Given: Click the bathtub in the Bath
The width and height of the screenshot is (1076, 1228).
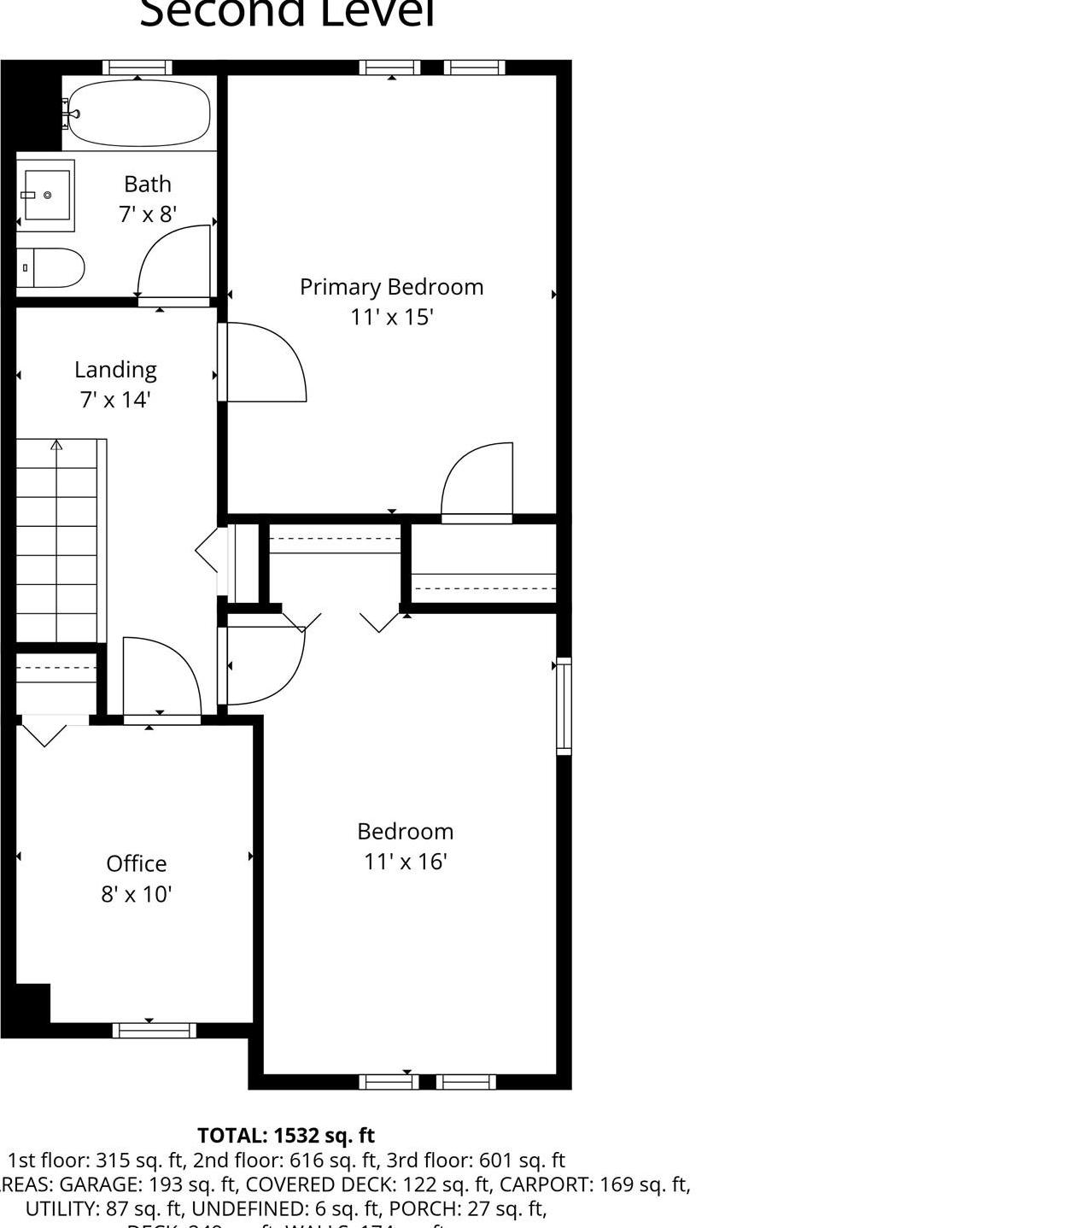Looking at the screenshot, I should (x=138, y=113).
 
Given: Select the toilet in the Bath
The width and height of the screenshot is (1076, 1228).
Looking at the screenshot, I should (x=50, y=268).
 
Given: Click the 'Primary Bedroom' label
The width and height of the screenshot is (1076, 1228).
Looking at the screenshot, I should (x=391, y=287).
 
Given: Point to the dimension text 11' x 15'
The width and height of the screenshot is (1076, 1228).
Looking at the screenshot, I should (x=392, y=318).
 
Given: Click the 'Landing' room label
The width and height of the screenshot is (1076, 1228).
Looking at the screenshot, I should (x=115, y=370).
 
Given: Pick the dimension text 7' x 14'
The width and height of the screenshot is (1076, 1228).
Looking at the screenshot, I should (x=115, y=400).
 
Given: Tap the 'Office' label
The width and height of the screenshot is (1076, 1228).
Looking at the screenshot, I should (x=137, y=863).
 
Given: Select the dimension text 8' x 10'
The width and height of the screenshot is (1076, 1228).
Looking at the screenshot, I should (x=137, y=894).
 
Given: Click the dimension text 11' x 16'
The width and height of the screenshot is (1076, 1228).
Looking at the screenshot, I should (x=406, y=862).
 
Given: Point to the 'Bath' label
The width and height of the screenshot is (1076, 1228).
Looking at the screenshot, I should (x=148, y=184).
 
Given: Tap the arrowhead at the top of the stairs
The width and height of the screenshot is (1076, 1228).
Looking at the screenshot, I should (x=56, y=445).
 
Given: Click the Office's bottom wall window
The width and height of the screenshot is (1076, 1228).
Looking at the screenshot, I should (x=155, y=1031).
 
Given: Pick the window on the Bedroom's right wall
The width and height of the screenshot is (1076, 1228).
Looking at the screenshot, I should (x=564, y=706).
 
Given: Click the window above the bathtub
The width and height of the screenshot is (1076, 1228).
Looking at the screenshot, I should (x=137, y=67).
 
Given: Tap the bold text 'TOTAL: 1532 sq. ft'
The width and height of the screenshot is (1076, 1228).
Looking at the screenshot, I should (x=286, y=1136).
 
